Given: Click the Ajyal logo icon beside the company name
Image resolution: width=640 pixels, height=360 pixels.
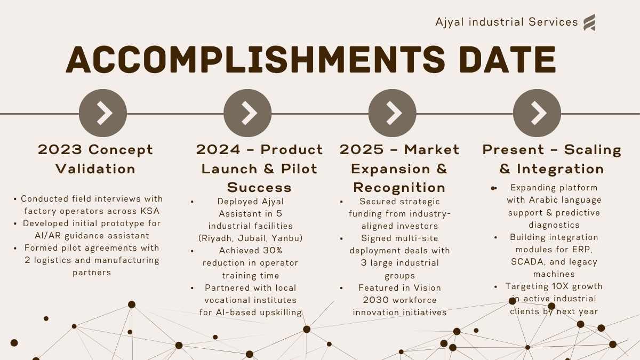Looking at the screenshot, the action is pos(589,22).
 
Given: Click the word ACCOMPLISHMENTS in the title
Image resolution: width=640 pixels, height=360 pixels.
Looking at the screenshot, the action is pos(255,59).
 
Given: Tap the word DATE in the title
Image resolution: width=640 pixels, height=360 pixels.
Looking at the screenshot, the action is pos(507,59).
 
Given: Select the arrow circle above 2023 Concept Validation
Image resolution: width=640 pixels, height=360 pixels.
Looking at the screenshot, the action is pos(103,113).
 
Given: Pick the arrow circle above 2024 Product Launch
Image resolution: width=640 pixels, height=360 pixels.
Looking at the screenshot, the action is pos(247,113).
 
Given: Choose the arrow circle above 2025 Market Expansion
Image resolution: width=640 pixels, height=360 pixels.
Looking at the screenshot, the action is pos(393,113).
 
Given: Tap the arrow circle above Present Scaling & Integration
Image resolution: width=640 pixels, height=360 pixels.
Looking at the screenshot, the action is pos(537,113).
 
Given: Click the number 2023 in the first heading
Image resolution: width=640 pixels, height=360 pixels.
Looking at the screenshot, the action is pos(60,150).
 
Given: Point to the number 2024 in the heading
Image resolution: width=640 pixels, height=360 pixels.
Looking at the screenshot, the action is pos(218,150).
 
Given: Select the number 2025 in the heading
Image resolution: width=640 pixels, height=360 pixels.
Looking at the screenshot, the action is pos(362,150).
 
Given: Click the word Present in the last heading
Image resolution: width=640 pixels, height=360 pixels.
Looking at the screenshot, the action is pos(513,150).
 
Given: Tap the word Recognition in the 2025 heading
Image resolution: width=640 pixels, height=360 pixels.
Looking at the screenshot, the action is pos(399,188).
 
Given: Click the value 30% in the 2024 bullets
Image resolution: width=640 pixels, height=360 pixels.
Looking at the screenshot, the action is pos(273,251).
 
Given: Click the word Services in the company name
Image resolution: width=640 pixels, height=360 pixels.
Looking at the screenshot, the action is pos(553,22).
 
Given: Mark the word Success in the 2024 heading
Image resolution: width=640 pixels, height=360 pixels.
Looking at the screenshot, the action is pos(259,188).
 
